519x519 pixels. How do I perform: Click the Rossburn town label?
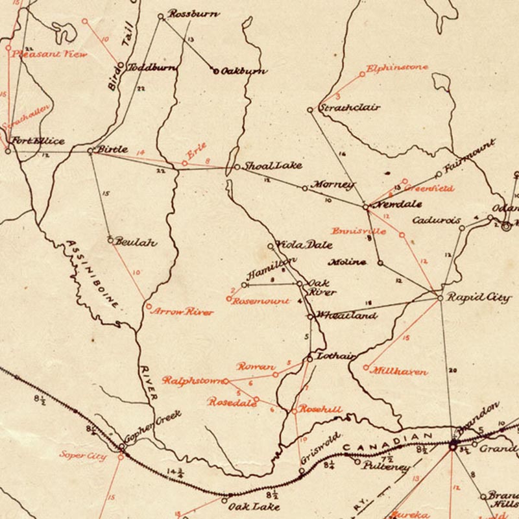pos(193,14)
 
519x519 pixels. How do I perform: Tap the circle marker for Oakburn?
pos(215,71)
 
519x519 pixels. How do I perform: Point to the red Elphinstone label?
pos(396,67)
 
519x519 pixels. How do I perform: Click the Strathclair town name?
pos(349,108)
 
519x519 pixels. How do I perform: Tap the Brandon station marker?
pos(453,446)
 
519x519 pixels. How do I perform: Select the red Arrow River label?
pos(182,312)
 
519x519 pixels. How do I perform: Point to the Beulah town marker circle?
pos(111,240)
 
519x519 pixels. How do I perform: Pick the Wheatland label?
pos(345,316)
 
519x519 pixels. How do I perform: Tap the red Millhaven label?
pos(399,372)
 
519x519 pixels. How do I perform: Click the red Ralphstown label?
pos(192,381)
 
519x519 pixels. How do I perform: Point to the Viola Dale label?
pos(305,245)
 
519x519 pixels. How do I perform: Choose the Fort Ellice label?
pos(36,141)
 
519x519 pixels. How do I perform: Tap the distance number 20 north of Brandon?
pos(452,371)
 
